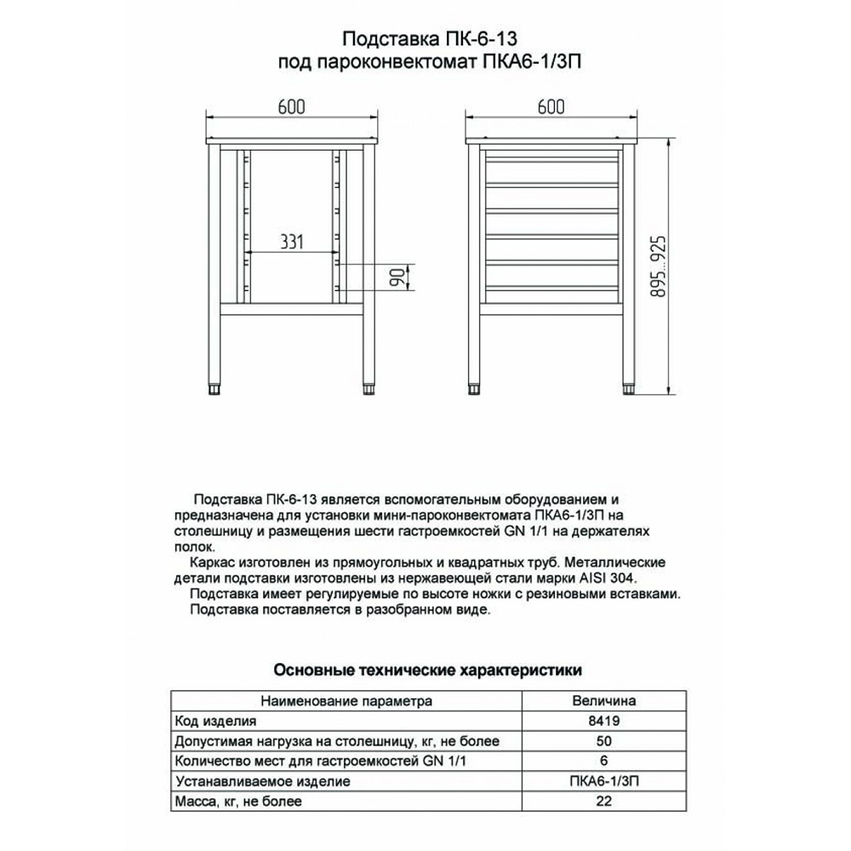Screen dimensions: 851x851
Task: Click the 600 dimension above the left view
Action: [x=290, y=106]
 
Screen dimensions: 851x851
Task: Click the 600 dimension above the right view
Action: [x=551, y=106]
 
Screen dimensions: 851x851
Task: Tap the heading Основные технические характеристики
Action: [x=427, y=671]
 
